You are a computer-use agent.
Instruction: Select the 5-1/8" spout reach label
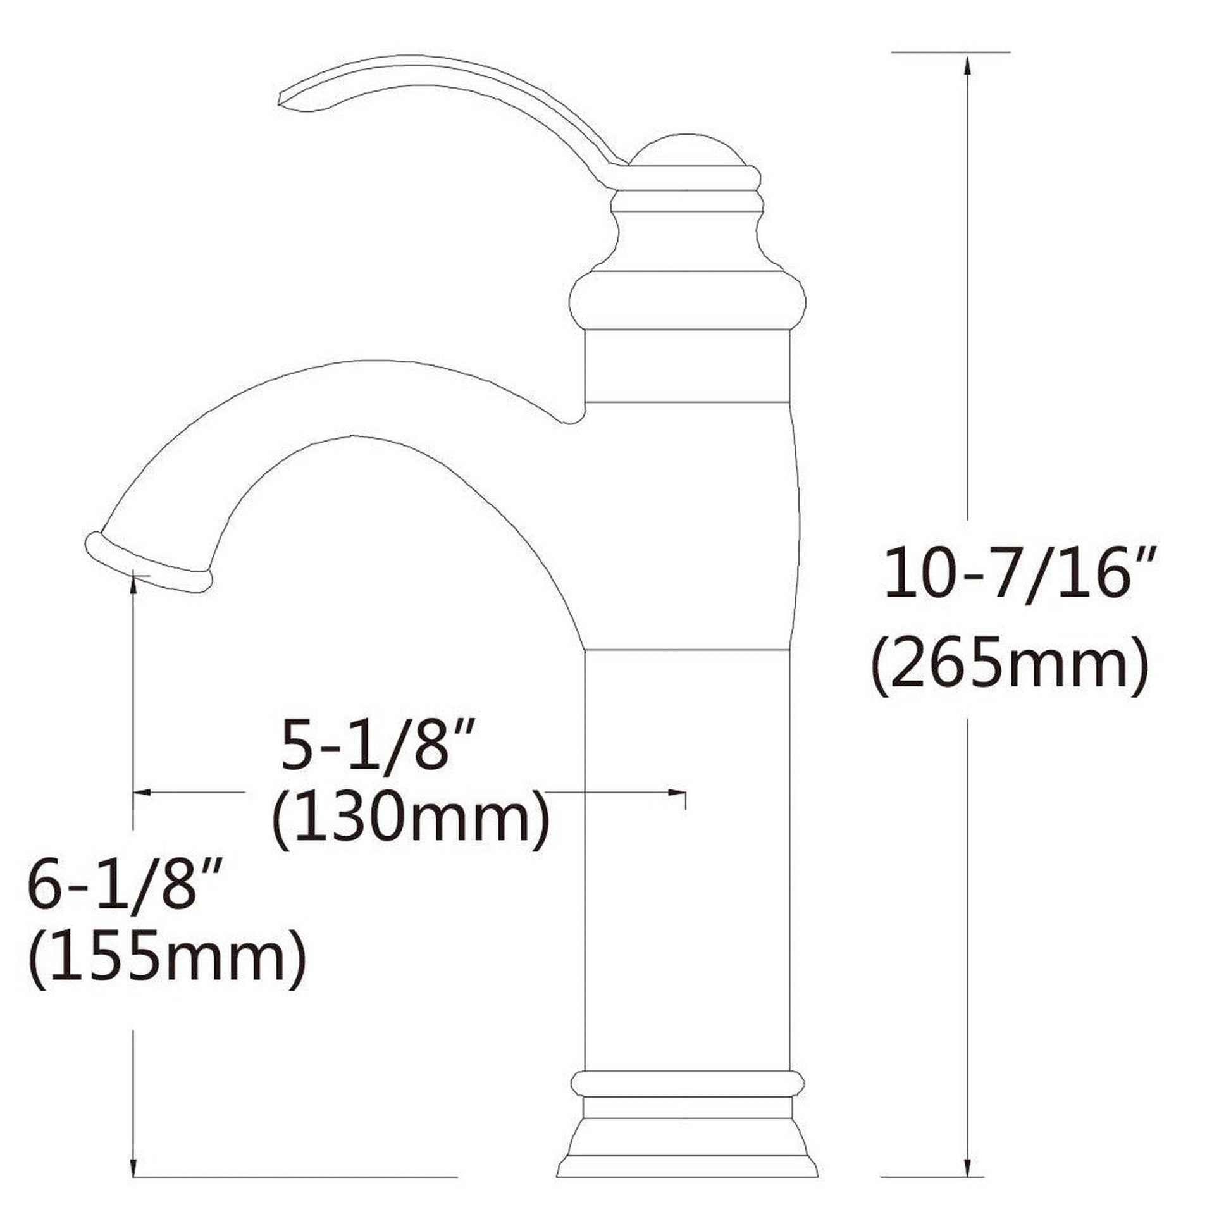point(379,744)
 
